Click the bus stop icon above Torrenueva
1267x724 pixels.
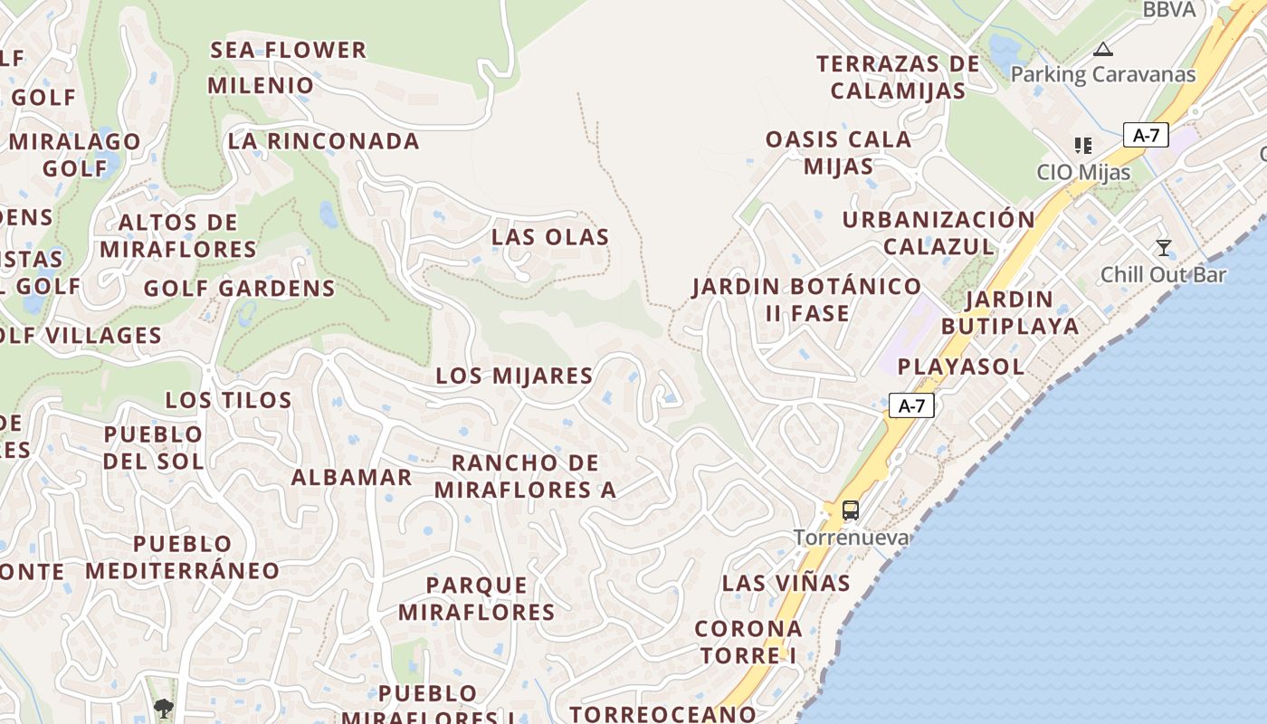[851, 510]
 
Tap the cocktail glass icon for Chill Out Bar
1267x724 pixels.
[1164, 247]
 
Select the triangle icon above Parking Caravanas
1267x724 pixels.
[1102, 49]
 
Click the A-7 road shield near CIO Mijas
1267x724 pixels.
[1146, 136]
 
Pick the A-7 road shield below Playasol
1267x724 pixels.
[911, 405]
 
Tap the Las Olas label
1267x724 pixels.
[550, 237]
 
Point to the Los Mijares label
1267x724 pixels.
[514, 376]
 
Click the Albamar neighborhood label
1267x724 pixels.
[351, 477]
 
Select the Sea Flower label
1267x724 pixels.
[289, 50]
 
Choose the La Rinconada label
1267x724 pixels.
[323, 141]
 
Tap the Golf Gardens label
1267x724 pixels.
[240, 289]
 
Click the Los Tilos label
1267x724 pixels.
[228, 400]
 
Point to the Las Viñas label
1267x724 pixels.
[786, 583]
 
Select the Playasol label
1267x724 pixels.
[960, 367]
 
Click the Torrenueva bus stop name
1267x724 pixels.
[851, 538]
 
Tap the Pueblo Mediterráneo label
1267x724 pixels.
[183, 557]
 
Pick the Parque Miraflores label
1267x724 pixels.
[477, 598]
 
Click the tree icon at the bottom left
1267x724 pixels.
[164, 708]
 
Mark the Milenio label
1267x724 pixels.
[261, 86]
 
